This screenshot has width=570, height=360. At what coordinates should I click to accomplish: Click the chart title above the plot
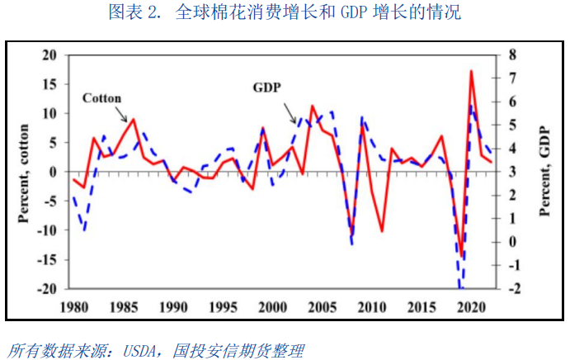click(285, 12)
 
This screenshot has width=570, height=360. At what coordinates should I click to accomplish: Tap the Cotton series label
click(102, 97)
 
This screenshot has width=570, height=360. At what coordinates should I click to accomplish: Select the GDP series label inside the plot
click(266, 87)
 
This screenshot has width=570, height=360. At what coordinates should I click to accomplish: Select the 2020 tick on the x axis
click(469, 307)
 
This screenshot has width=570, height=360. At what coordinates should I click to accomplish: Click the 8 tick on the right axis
click(511, 54)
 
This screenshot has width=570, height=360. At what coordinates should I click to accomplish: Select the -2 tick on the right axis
click(514, 289)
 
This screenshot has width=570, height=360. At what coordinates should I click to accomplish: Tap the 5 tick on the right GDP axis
click(511, 125)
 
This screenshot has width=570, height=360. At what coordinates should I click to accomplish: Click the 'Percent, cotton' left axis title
click(22, 172)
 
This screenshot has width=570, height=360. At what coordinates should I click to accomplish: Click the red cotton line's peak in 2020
click(471, 72)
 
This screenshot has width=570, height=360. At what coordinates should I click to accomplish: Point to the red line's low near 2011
click(382, 230)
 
